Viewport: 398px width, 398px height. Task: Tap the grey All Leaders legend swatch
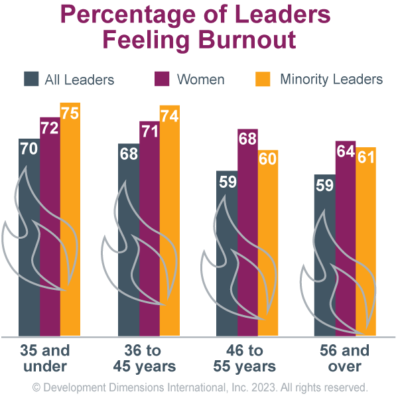click(x=31, y=79)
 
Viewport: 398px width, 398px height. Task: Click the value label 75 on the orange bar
click(x=70, y=113)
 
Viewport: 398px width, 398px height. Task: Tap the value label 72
click(x=50, y=128)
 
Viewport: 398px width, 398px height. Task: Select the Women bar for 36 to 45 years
click(x=149, y=232)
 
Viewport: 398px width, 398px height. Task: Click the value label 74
click(x=169, y=116)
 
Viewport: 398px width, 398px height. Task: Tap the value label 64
click(x=346, y=151)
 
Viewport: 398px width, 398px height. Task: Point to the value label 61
click(x=365, y=158)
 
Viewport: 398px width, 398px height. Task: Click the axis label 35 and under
click(x=44, y=358)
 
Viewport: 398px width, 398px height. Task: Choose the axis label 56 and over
click(x=345, y=358)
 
